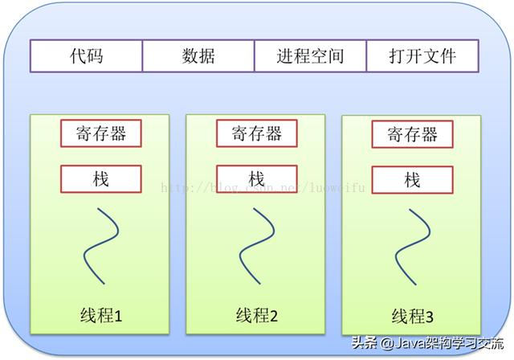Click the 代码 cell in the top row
tap(86, 56)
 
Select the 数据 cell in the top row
tap(198, 56)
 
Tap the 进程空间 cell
tap(310, 56)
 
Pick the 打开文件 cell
tap(422, 56)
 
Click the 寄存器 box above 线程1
tap(100, 133)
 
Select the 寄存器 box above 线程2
tap(256, 133)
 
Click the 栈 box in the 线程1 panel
tap(100, 178)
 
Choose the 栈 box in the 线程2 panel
tap(256, 178)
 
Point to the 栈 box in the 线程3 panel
tap(412, 179)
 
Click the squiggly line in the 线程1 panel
tap(102, 241)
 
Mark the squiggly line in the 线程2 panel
tap(258, 241)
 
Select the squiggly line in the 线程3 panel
tap(413, 242)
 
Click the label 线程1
tap(101, 315)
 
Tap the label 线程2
tap(257, 315)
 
